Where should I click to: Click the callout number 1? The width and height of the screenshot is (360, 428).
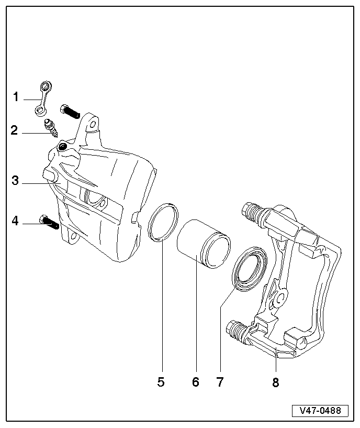[16, 97]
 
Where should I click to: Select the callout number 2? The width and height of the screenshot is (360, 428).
[15, 130]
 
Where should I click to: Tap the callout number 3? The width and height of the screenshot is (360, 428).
[15, 181]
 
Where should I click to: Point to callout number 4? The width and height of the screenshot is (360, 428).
[15, 221]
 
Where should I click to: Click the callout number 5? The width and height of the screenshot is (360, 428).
[161, 382]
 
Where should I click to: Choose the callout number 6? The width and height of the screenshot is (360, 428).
[196, 382]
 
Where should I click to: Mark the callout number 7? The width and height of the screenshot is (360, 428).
[220, 382]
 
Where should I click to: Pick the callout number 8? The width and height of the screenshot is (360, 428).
[275, 382]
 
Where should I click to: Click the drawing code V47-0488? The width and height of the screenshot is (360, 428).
[320, 410]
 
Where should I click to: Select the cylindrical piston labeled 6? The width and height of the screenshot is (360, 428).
[201, 243]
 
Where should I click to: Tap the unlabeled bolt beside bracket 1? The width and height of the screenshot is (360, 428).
[68, 111]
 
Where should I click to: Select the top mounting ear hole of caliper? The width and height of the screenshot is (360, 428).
[93, 125]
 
